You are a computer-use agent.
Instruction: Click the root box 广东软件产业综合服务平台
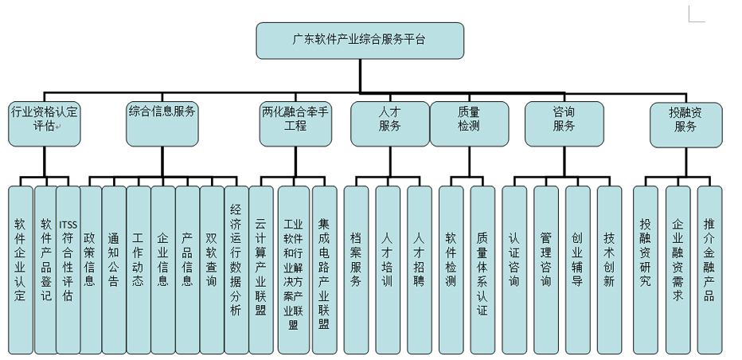coord(359,39)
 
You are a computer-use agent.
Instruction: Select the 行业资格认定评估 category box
coord(45,123)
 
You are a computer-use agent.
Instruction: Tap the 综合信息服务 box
coord(162,123)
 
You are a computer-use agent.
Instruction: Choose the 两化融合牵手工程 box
coord(295,123)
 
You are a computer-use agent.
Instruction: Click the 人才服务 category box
coord(389,123)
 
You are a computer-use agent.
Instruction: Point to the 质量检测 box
coord(469,123)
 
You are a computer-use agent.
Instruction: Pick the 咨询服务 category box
coord(564,123)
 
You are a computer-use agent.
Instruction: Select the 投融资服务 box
coord(685,123)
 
